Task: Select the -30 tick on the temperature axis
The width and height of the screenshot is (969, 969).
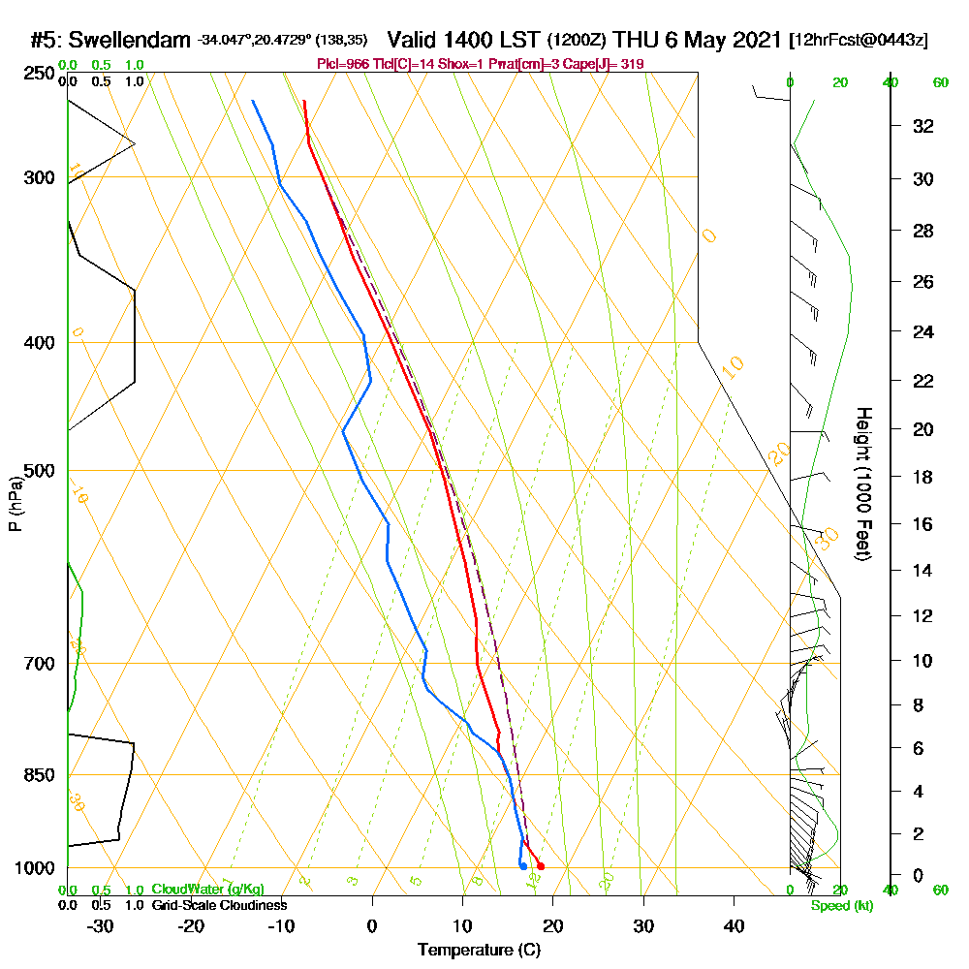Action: (x=101, y=926)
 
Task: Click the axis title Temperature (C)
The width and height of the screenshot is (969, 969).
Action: (x=479, y=951)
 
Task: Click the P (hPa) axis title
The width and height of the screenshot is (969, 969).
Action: (x=15, y=504)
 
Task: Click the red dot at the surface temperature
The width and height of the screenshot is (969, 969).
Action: (x=540, y=866)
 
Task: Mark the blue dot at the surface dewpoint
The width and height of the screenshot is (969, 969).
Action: (x=523, y=865)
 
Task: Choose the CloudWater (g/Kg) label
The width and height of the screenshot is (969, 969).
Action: (x=207, y=890)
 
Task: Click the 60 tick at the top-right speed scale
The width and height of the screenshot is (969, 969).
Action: (x=940, y=82)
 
